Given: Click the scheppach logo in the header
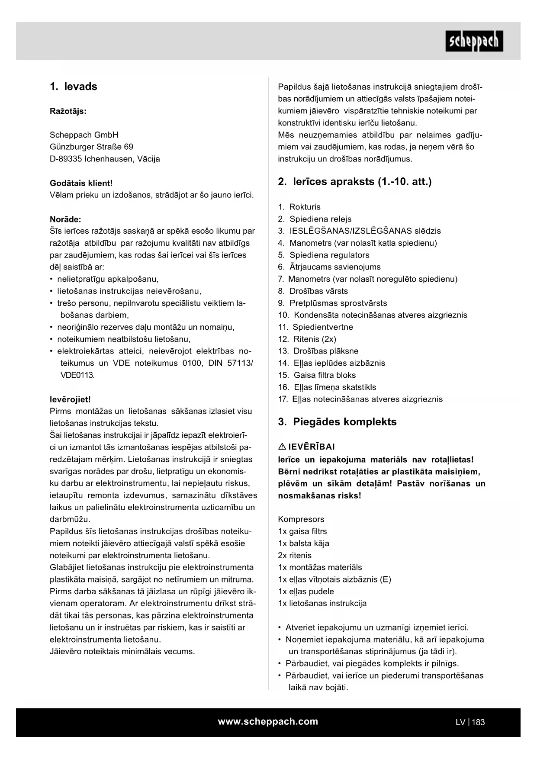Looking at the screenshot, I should pos(474,41).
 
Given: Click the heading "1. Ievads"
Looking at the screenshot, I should pos(74,87).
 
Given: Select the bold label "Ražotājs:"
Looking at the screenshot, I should pos(68,111).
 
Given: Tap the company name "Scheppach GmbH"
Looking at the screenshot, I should pos(84,135).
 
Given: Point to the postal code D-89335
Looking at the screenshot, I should pos(66,159).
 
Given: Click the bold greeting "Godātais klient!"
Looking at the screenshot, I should pos(81,183).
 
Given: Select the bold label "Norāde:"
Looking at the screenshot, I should pos(65,219).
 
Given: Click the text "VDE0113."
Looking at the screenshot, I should pos(77,375).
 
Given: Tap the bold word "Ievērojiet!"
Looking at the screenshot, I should pos(70,399).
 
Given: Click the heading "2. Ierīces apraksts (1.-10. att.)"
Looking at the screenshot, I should pos(355,182).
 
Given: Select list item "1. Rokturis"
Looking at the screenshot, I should pos(299,207).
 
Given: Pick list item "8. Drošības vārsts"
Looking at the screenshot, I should pos(313,291).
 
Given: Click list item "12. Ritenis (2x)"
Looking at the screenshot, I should pos(307,339).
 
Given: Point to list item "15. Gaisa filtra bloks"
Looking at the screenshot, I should pos(317,375).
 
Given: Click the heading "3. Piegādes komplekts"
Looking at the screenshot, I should pos(338,422).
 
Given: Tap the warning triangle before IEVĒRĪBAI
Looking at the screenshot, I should pos(282,447).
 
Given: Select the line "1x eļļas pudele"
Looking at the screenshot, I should pos(306,592).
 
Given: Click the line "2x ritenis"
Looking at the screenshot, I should pos(295,556).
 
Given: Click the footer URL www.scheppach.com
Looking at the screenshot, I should pos(268,722).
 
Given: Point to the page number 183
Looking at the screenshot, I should pos(479,722).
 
